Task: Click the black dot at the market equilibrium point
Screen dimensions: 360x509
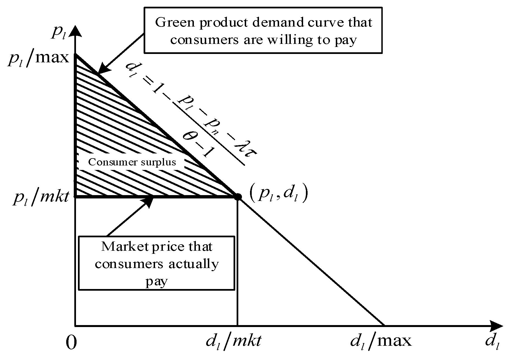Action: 237,196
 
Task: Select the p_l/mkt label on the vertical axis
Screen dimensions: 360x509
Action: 41,197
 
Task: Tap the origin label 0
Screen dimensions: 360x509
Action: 71,343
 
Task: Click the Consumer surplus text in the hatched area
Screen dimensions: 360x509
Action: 132,162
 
